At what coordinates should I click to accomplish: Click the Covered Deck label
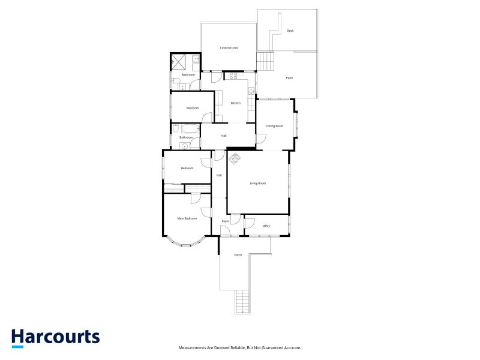tap(229, 47)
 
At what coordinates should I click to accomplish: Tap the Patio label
tap(289, 78)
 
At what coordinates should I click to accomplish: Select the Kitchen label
tap(235, 103)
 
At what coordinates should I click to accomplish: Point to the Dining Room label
tap(274, 126)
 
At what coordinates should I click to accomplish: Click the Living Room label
tap(258, 183)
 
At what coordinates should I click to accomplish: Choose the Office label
tap(266, 226)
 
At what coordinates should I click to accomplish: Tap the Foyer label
tap(226, 221)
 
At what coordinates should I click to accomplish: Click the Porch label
tap(238, 256)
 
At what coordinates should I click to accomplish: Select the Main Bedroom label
tap(187, 218)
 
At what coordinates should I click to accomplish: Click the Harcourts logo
tap(55, 337)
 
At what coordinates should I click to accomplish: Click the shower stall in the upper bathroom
tap(179, 62)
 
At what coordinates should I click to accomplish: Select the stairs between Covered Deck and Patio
tap(266, 60)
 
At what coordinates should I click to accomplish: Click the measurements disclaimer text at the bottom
tap(240, 348)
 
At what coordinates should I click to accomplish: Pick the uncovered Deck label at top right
tap(290, 31)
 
